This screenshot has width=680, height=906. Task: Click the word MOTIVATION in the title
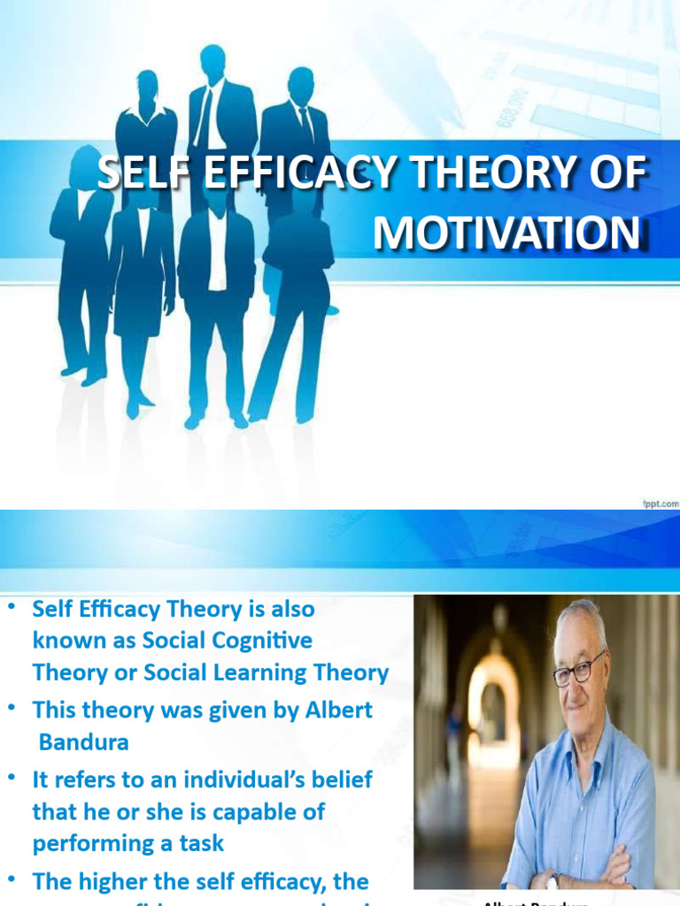point(506,233)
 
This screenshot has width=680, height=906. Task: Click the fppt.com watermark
point(659,503)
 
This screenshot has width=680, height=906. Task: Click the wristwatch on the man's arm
point(554,880)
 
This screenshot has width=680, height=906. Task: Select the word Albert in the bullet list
point(338,710)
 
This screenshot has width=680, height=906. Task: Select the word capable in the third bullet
point(234,811)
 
